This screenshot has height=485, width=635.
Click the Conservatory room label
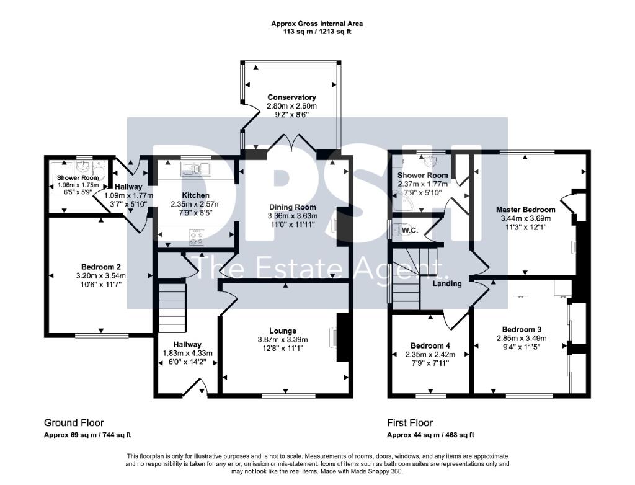(291, 97)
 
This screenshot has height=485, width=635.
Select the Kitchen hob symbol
(197, 235)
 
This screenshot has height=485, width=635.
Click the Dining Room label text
(292, 207)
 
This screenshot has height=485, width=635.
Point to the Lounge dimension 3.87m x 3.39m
(282, 340)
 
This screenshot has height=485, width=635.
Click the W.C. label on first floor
(410, 230)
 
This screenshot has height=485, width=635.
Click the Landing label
(447, 283)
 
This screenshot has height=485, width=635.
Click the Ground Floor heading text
(74, 423)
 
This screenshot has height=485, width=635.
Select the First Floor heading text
(410, 423)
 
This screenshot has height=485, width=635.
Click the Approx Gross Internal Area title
(317, 24)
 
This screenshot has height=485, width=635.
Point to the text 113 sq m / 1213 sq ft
(317, 32)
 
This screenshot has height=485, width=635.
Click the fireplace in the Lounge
(340, 337)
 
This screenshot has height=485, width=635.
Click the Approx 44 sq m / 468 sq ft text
(431, 435)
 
